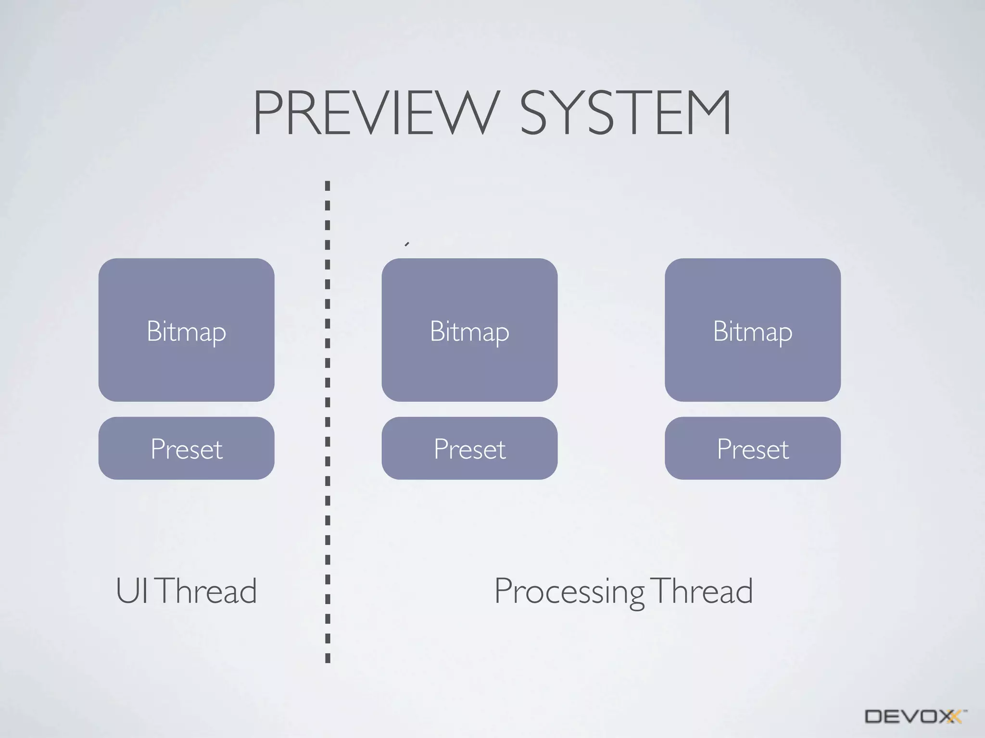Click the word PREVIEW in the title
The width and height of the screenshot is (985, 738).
pos(374,113)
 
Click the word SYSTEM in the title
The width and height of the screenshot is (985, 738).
pos(625,113)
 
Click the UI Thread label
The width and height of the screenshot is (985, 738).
pos(186,591)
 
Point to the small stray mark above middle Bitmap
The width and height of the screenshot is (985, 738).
pos(407,244)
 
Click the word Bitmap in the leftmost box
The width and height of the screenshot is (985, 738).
pos(186,332)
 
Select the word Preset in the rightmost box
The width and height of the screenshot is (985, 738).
pos(753,449)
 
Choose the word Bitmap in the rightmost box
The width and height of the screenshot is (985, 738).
pos(753,332)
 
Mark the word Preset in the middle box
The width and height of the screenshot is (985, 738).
pos(469,449)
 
